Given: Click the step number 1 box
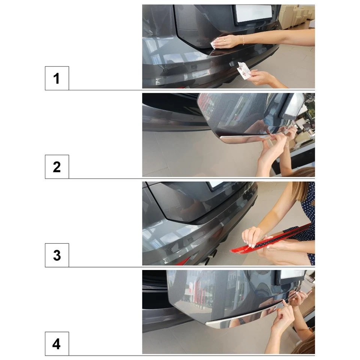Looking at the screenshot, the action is point(57,78).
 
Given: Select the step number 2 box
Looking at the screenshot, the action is point(57,166).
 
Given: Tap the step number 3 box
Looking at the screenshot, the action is point(57,255).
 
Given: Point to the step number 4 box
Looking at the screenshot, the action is point(57,344).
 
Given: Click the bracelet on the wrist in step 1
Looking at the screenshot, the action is point(243,40).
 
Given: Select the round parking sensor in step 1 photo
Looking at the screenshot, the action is point(165,70).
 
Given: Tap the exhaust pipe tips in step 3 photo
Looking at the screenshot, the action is point(210,258).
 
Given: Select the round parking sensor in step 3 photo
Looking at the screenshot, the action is point(169,250).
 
